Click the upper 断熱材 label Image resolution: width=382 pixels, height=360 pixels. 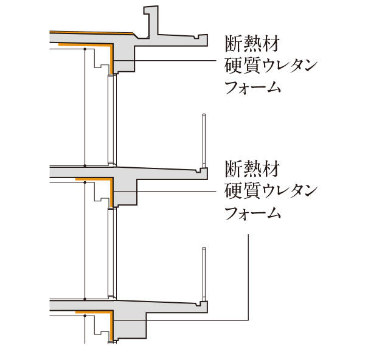(x=252, y=44)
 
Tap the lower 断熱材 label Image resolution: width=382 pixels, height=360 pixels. (x=252, y=168)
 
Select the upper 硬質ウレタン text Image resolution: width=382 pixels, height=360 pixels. (x=271, y=66)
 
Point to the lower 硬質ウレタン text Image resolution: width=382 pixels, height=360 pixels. (x=271, y=190)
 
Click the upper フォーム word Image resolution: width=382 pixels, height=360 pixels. (x=253, y=87)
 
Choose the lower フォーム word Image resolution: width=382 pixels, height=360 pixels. (x=253, y=213)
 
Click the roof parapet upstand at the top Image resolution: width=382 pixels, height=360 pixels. (x=151, y=21)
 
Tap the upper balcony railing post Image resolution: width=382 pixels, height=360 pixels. (x=204, y=141)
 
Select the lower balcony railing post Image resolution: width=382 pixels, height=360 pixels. (x=204, y=274)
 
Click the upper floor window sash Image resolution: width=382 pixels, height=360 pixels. (x=112, y=119)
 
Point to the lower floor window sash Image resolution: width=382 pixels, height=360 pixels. (x=112, y=253)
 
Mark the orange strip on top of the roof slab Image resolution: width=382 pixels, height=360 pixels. (x=92, y=33)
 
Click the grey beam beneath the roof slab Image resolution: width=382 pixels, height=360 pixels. (x=123, y=58)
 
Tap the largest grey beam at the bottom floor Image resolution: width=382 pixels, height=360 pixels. (x=130, y=326)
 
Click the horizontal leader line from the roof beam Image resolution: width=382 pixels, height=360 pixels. (x=175, y=60)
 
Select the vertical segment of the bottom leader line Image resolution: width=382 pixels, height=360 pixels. (x=248, y=277)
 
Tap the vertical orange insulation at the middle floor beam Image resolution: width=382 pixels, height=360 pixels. (x=111, y=192)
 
